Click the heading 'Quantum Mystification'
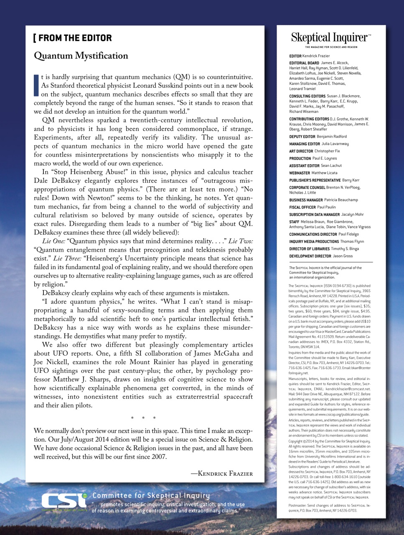81,56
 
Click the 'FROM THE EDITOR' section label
73,38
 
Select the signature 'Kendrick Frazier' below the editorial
222,474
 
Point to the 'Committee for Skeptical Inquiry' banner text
151,496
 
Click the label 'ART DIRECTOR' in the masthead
301,151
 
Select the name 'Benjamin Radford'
332,137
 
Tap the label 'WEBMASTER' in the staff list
300,173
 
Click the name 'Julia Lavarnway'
335,144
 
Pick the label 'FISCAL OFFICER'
302,207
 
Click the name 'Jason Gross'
343,256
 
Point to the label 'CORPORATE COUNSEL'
307,188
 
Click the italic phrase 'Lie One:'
53,241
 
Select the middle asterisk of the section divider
143,418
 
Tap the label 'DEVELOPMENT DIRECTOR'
310,256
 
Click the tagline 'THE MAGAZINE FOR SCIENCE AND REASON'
331,47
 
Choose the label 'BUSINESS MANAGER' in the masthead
306,200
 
